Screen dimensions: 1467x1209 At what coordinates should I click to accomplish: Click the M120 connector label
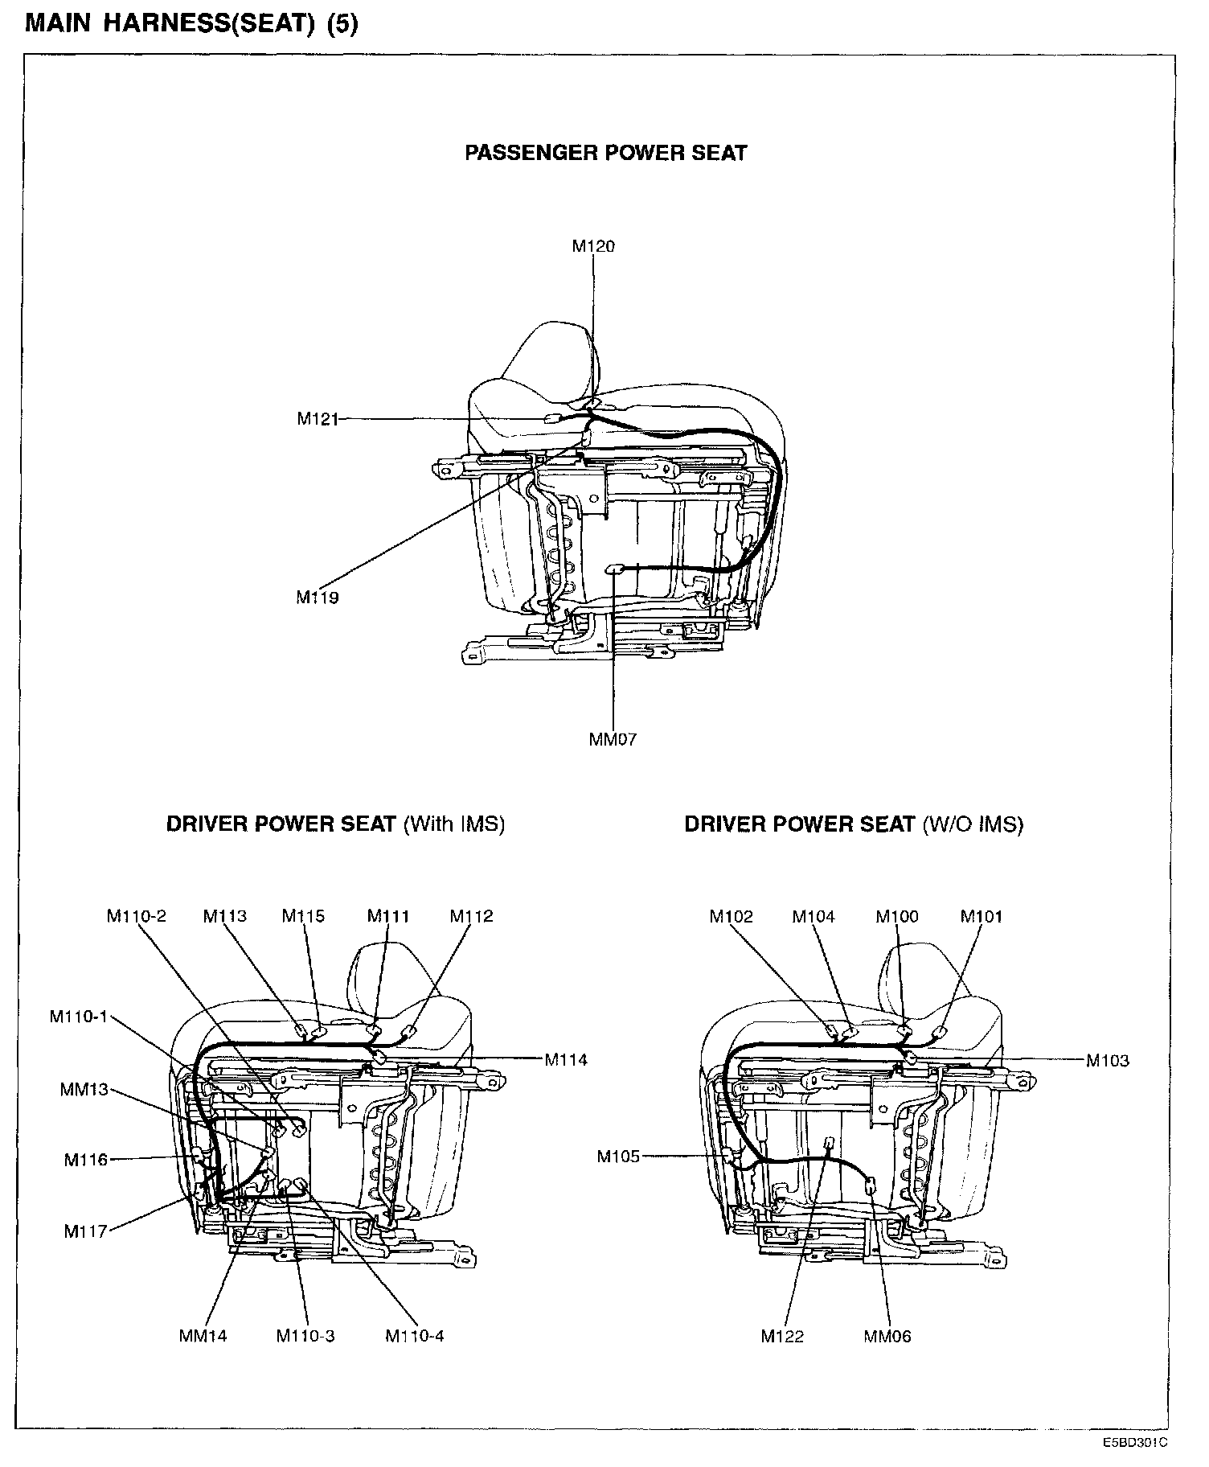coord(593,246)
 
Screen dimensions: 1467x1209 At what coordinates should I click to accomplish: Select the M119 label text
coord(318,598)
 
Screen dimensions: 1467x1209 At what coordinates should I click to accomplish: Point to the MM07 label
coord(613,740)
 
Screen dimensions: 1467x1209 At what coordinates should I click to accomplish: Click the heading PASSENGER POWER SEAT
coord(606,153)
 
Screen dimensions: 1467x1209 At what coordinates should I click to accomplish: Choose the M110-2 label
coord(137,916)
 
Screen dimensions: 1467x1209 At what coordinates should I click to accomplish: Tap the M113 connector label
coord(225,916)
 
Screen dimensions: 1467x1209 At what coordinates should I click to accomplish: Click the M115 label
coord(303,916)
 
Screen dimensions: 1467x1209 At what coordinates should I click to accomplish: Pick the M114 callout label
coord(566,1060)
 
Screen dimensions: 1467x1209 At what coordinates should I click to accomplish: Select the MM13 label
coord(84,1091)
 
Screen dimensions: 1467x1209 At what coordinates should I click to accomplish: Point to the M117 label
coord(85,1231)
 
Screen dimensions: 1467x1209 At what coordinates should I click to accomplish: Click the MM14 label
coord(203,1336)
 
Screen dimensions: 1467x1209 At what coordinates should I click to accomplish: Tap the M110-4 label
coord(415,1336)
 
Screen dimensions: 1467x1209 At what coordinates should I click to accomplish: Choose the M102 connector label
coord(732,916)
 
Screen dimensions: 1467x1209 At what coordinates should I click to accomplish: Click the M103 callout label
coord(1108,1060)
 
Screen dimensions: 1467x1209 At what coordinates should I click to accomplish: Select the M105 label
coord(618,1157)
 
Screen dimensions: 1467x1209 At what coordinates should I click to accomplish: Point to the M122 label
coord(782,1336)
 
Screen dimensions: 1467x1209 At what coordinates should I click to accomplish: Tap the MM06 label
coord(887,1336)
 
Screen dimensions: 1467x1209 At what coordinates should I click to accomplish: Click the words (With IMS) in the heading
coord(454,824)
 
